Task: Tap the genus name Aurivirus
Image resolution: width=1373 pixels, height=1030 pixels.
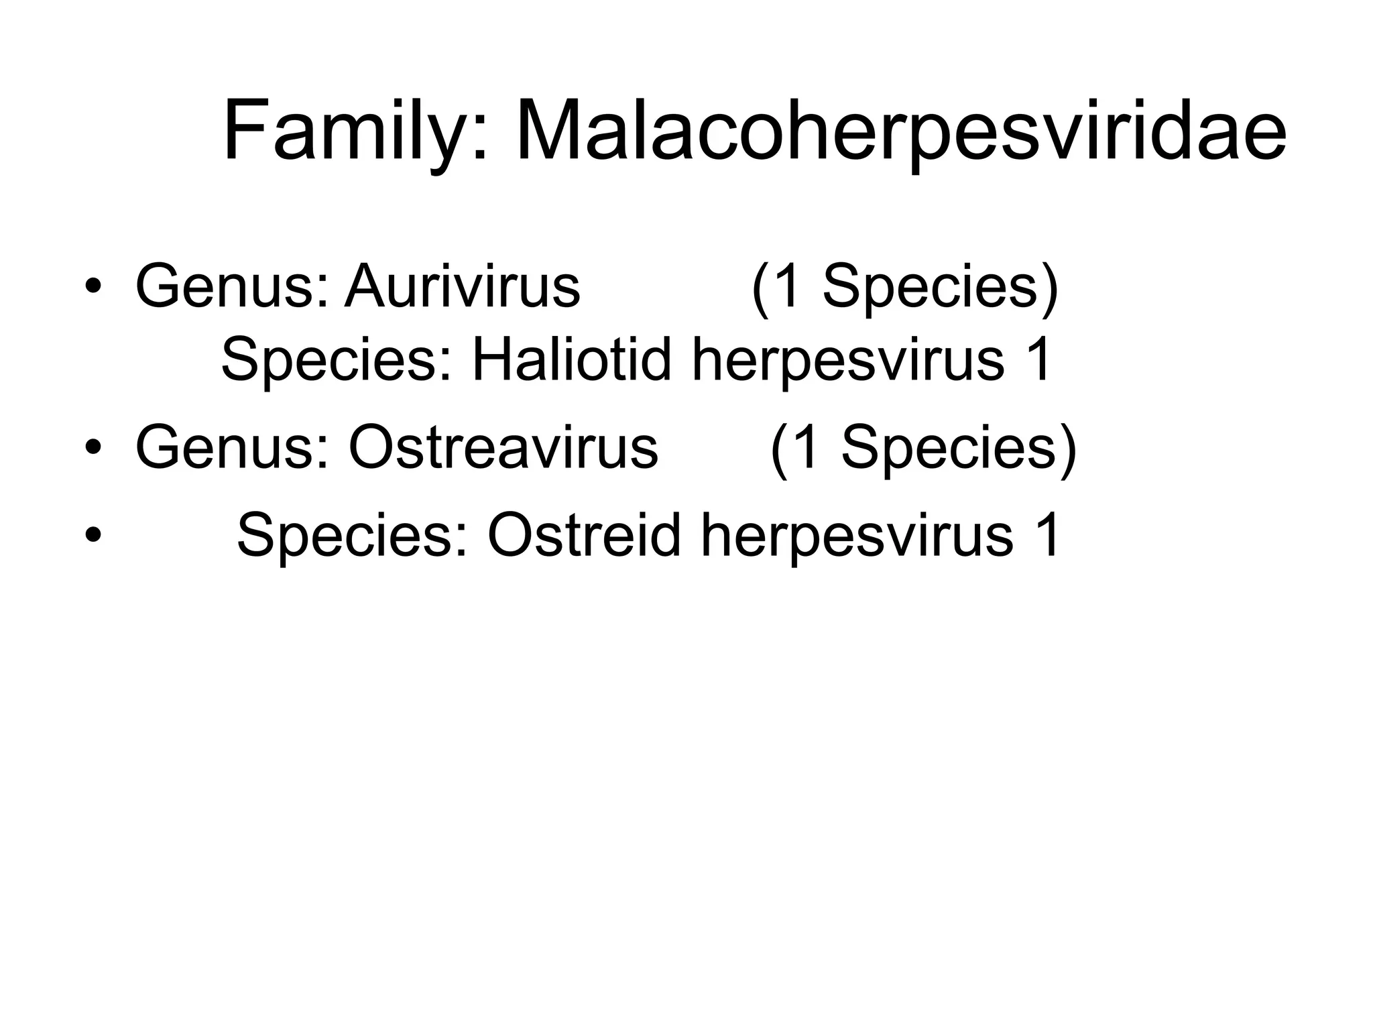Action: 462,287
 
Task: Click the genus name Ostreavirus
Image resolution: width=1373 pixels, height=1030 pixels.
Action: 503,448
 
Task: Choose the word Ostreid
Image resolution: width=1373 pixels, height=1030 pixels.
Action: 583,535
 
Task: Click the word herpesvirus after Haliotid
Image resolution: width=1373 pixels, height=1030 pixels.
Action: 847,360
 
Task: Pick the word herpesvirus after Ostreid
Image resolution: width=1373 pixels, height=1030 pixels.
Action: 856,535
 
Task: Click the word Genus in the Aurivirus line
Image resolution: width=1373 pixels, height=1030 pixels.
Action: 232,287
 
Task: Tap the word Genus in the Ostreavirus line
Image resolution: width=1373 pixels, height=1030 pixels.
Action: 232,448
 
